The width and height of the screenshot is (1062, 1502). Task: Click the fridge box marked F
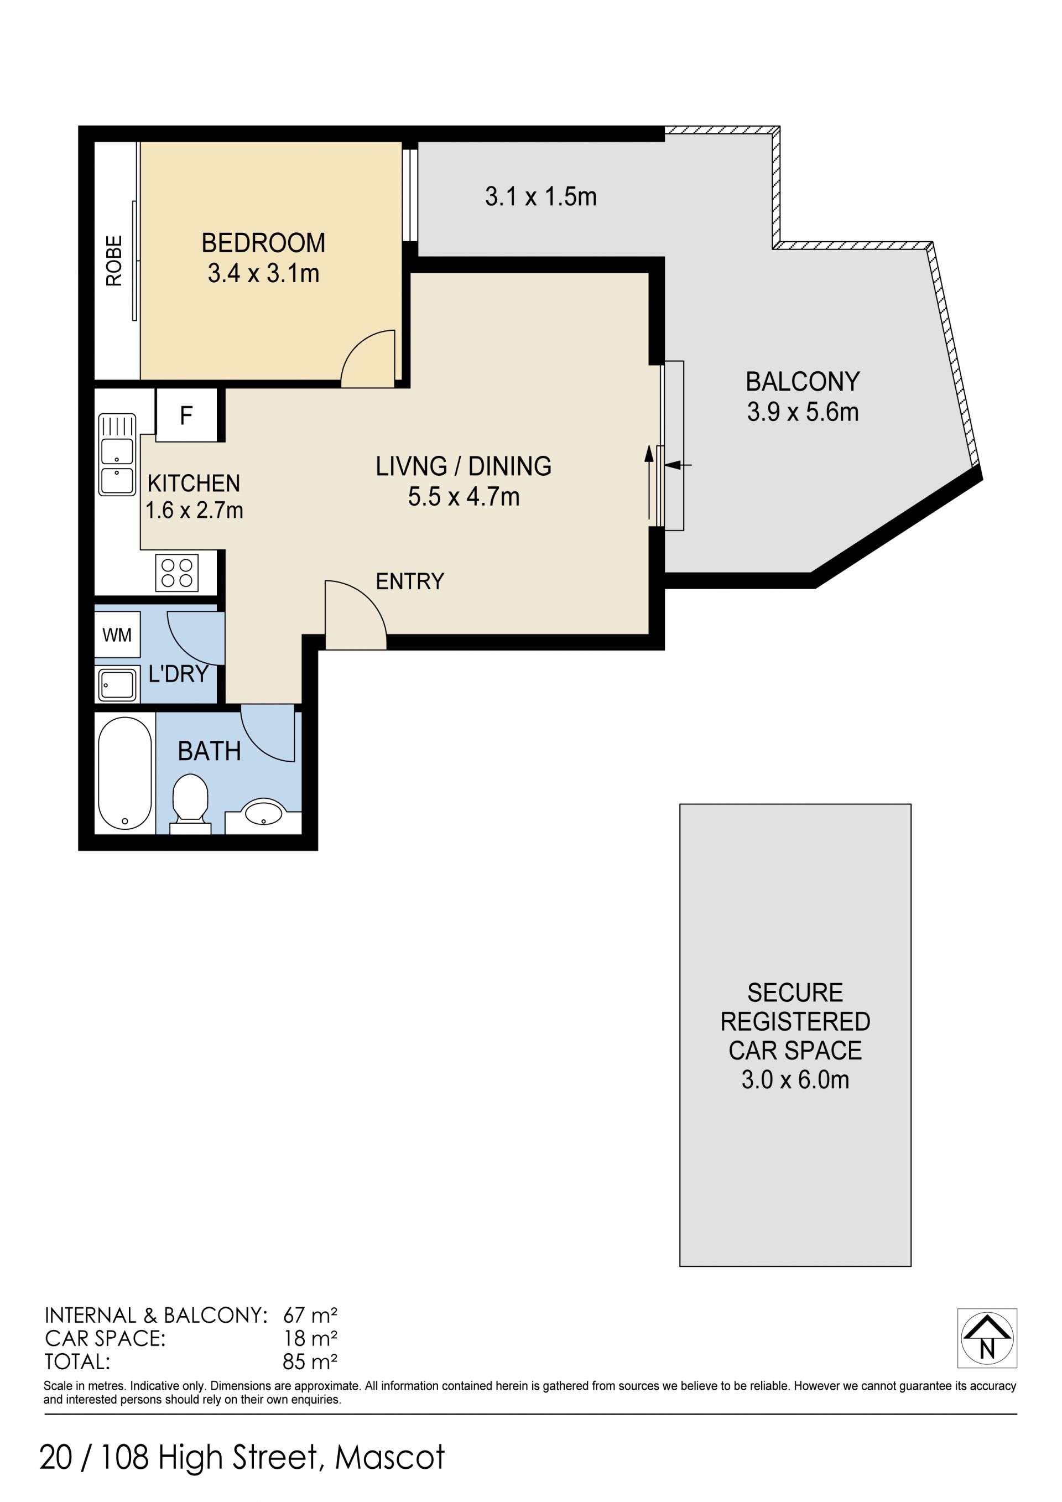(x=186, y=415)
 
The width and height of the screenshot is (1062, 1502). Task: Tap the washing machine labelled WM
(x=117, y=634)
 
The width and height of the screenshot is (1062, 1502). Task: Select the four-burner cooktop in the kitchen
(x=177, y=573)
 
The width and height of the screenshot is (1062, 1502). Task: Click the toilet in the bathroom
(x=190, y=803)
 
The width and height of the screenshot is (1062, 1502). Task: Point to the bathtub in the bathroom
(x=124, y=773)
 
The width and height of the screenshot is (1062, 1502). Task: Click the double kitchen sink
(x=117, y=455)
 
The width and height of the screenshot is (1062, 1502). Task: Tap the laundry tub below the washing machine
(x=118, y=685)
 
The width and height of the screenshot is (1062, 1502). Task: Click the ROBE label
(x=114, y=261)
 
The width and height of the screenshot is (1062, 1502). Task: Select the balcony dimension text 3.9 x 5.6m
(x=803, y=412)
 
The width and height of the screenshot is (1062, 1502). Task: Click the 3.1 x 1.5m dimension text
(x=541, y=196)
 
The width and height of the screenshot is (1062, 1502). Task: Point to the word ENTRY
(x=410, y=581)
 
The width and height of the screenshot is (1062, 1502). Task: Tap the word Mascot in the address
(x=390, y=1458)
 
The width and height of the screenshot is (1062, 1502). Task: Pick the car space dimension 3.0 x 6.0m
(x=795, y=1079)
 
